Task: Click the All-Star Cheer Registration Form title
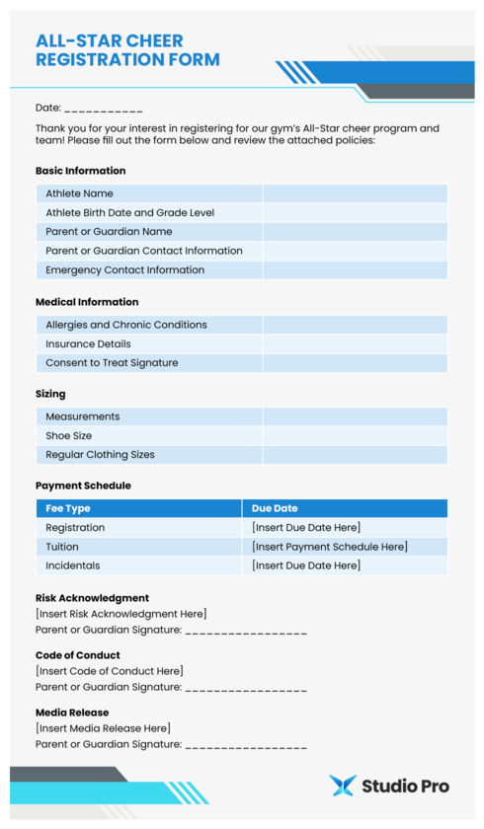(x=127, y=50)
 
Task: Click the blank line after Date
(x=104, y=109)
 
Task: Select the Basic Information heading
(x=80, y=171)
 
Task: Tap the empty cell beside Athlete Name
(x=355, y=193)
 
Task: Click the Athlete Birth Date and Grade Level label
(x=129, y=212)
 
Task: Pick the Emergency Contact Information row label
(x=124, y=269)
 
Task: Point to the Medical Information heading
(x=87, y=302)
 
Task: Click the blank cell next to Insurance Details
(x=355, y=343)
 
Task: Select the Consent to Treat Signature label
(x=112, y=362)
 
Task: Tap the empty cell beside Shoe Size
(x=355, y=435)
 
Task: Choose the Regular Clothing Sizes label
(x=100, y=455)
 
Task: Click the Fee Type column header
(x=68, y=508)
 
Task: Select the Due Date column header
(x=275, y=508)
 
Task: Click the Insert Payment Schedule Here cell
(x=330, y=547)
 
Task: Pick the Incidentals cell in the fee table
(x=72, y=565)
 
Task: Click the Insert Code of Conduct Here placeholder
(x=109, y=671)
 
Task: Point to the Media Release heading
(x=72, y=713)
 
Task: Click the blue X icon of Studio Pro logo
(x=342, y=786)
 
